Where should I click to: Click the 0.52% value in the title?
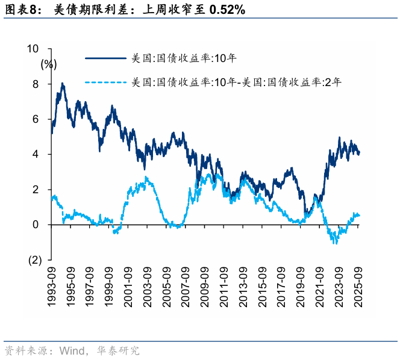(x=222, y=11)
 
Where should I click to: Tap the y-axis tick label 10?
(x=33, y=49)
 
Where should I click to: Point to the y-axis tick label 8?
(x=36, y=84)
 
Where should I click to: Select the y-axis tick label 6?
(x=36, y=119)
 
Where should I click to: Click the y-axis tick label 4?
(x=36, y=154)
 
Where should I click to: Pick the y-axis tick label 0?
(x=36, y=225)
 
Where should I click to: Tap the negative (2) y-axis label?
(x=33, y=260)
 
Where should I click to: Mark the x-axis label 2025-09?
(x=360, y=287)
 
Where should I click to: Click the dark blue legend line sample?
(x=106, y=58)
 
